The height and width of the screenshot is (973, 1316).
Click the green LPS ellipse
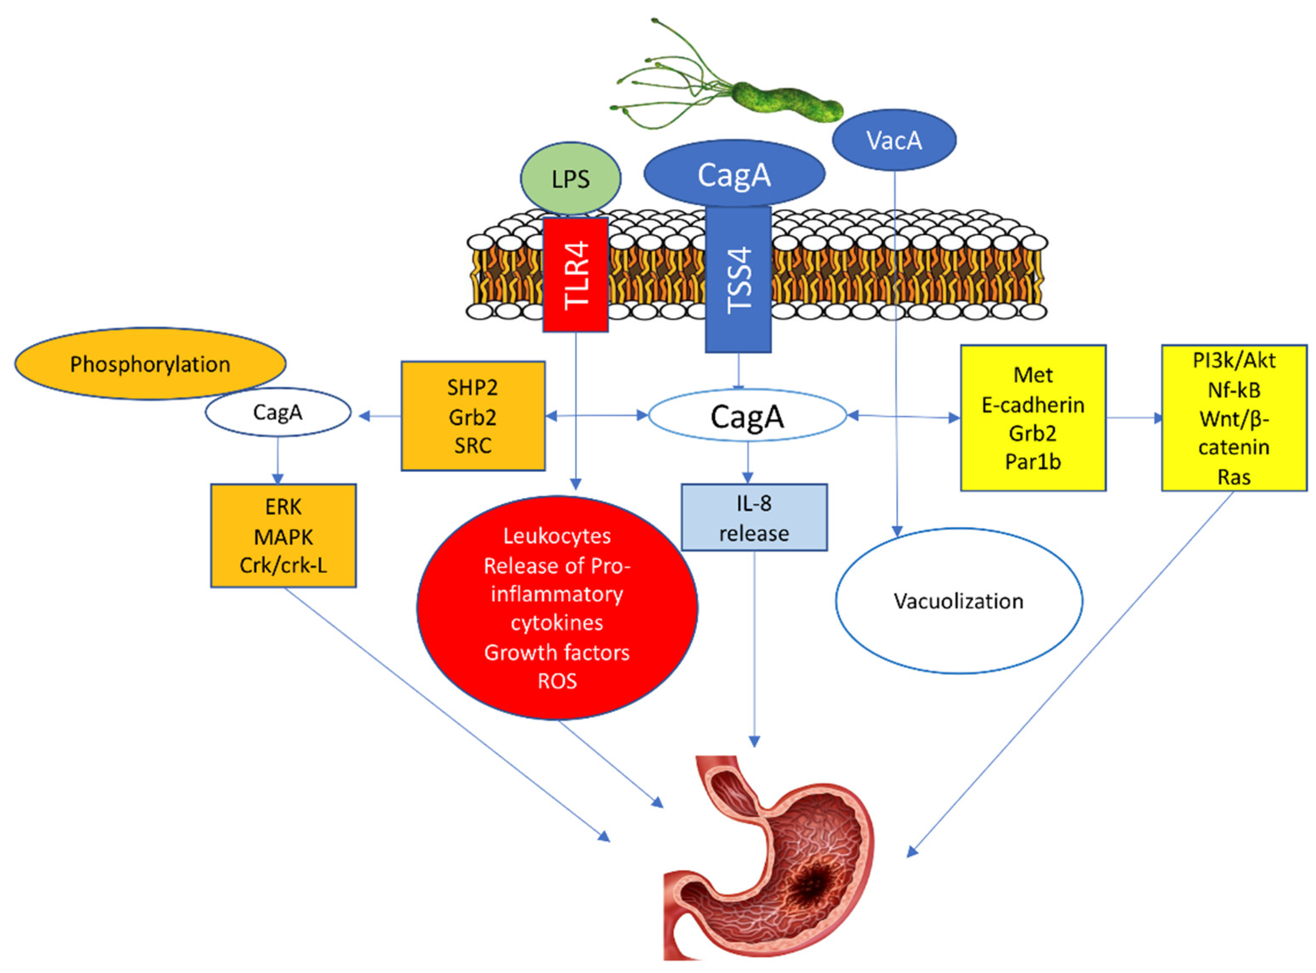[570, 178]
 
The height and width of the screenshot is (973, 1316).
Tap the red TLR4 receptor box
[575, 274]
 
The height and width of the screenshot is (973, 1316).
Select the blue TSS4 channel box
[738, 279]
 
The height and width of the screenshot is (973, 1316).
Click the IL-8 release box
[754, 518]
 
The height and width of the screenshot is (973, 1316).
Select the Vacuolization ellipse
[959, 601]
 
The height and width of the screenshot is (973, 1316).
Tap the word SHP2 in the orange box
[472, 388]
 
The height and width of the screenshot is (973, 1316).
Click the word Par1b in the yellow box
[1033, 462]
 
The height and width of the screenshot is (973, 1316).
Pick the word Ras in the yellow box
[1234, 477]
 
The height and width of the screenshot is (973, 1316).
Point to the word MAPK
[283, 537]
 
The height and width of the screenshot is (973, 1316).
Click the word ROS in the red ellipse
[557, 681]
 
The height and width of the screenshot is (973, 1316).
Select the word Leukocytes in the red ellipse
[557, 536]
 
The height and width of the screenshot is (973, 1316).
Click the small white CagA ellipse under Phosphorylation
[278, 412]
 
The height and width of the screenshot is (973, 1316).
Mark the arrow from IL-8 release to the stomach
[754, 649]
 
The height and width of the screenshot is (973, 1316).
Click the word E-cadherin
[1033, 404]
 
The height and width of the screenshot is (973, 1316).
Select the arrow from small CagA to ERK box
[278, 460]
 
